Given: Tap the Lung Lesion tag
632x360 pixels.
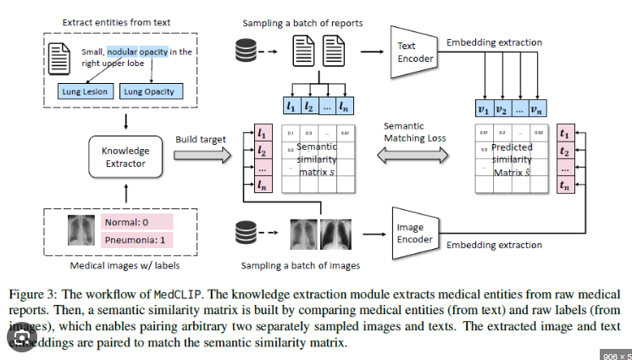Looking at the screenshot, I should [81, 91].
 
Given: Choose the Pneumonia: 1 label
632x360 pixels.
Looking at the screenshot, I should [136, 240].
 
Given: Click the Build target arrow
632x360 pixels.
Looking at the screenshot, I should [206, 156].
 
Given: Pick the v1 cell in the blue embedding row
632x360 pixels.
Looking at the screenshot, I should [484, 108].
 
